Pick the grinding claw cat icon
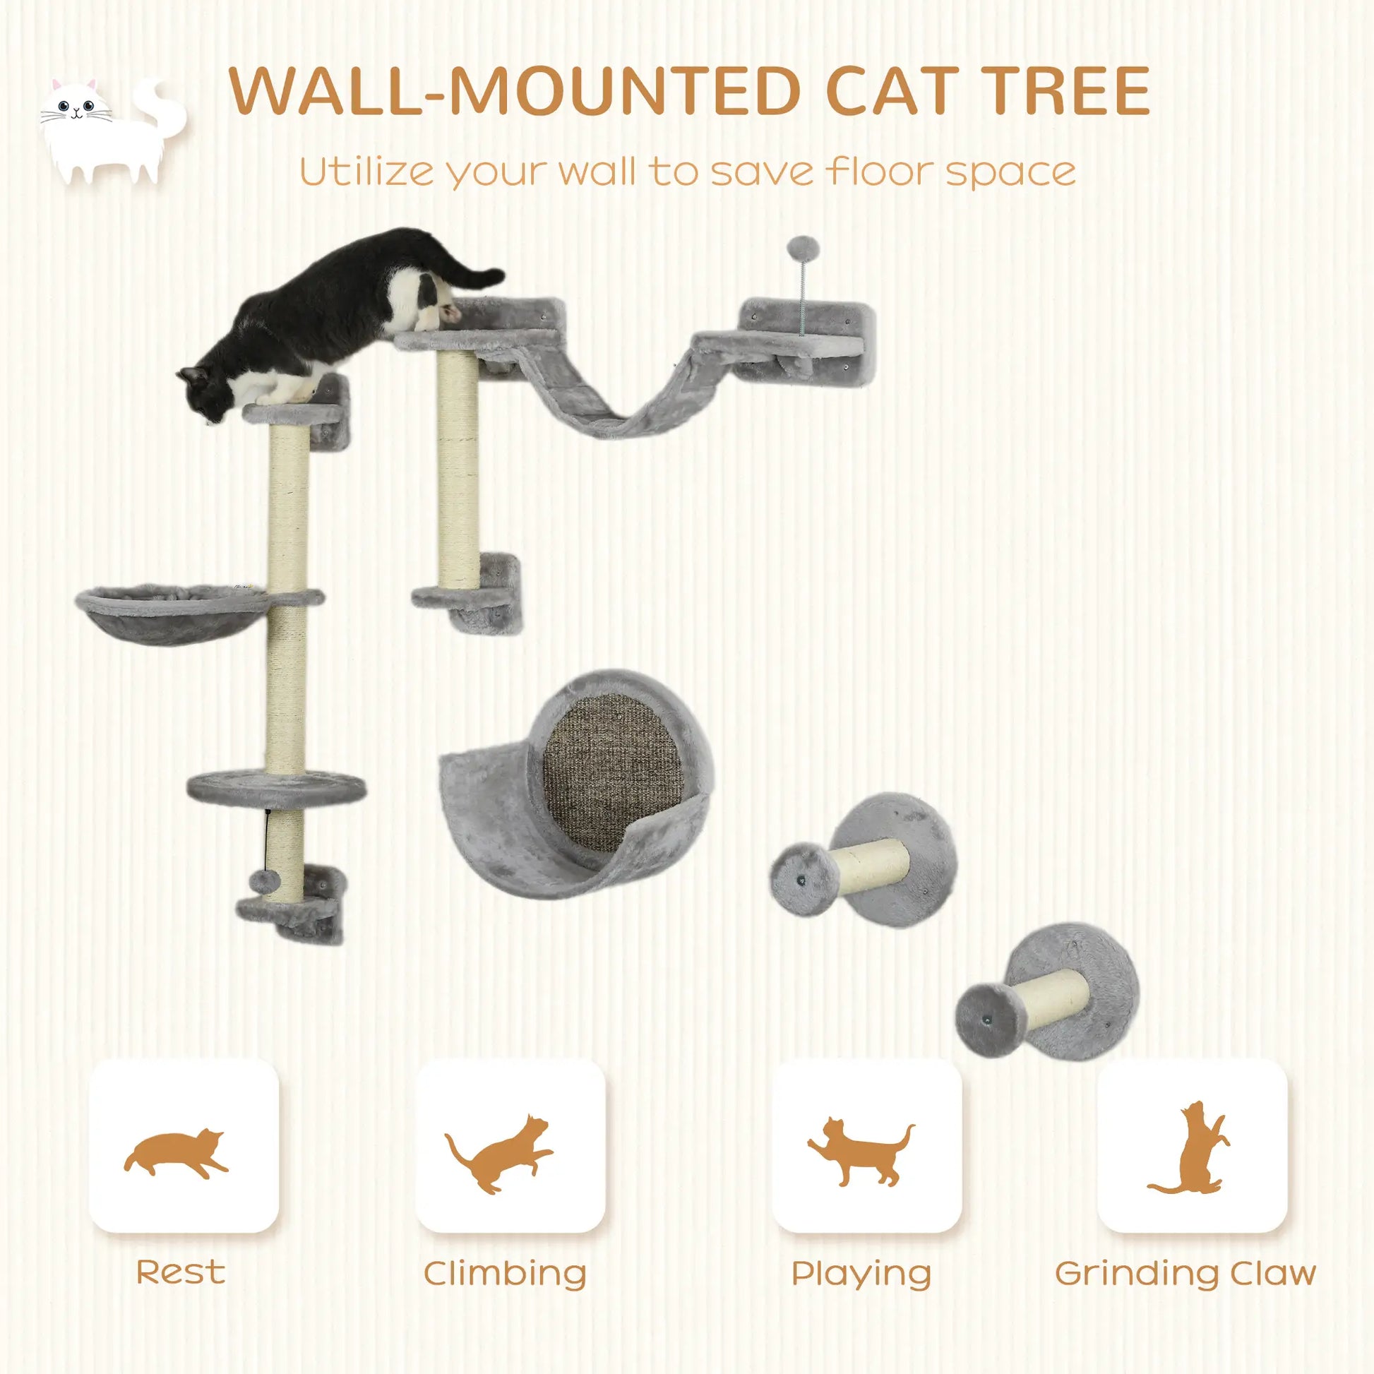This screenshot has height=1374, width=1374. pyautogui.click(x=1189, y=1154)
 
